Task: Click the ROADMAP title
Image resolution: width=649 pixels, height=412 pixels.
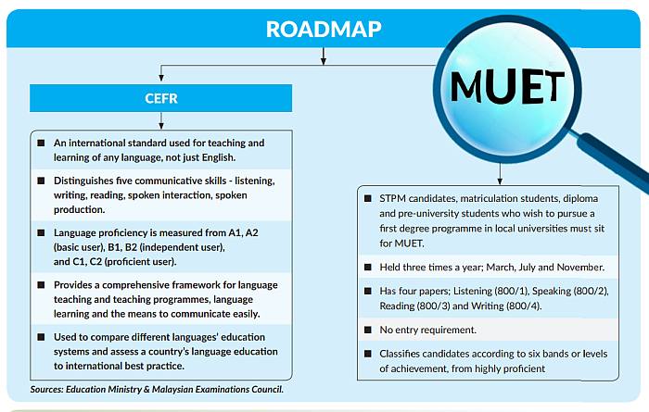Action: click(324, 29)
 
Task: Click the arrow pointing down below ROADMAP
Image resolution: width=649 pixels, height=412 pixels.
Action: click(324, 57)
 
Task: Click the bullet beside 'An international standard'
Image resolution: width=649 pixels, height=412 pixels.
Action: click(41, 144)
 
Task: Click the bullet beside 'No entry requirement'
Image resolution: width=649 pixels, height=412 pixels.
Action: click(366, 329)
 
